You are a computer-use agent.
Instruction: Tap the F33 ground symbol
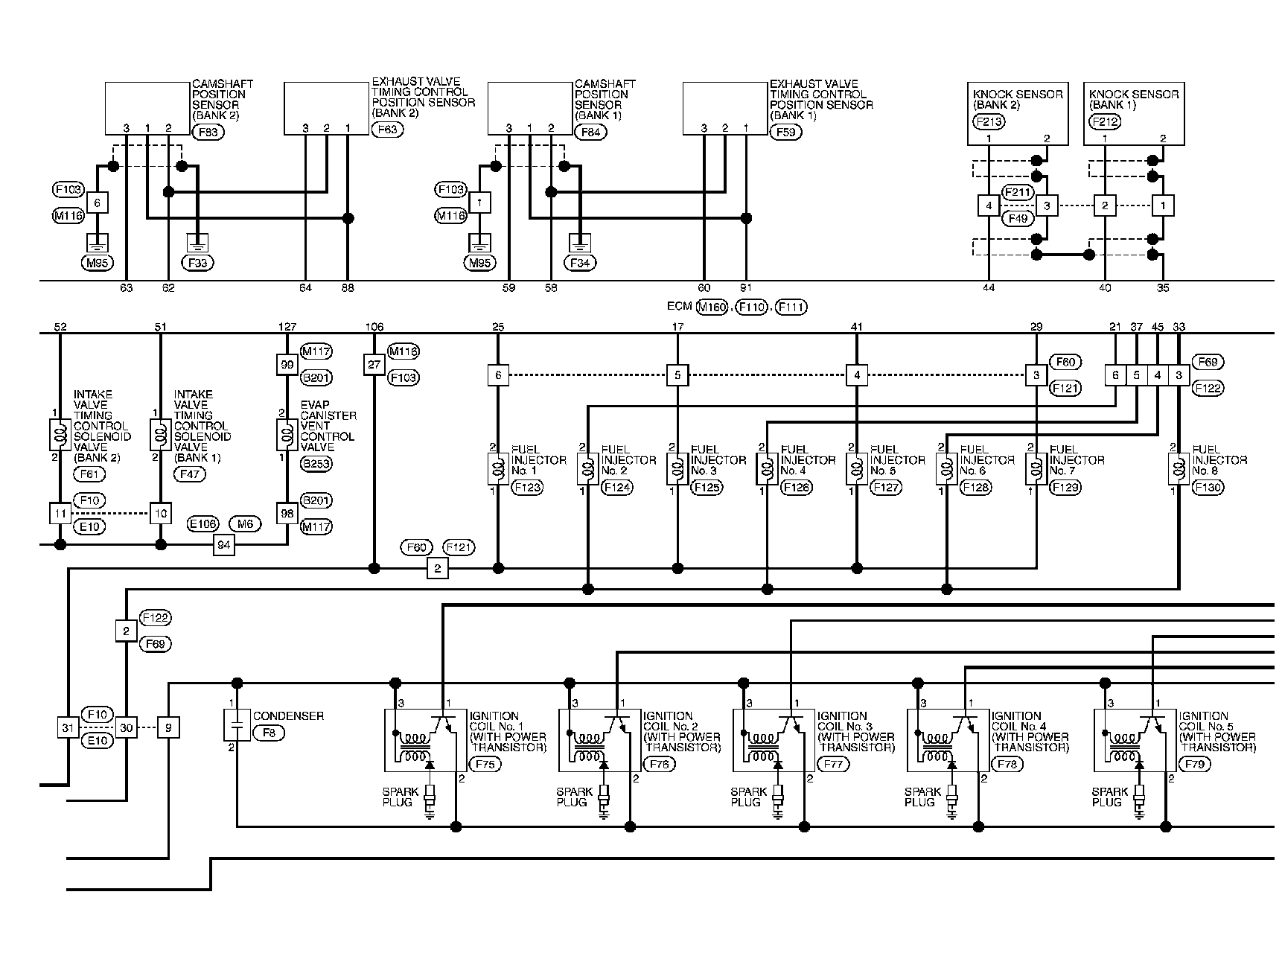197,243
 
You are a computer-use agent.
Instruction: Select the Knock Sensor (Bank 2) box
1018,113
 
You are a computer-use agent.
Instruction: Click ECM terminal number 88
348,287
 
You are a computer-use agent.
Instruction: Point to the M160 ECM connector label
712,307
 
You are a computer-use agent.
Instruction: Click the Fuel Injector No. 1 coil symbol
498,470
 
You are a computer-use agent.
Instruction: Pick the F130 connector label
1207,488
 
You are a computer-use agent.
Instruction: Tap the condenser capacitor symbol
237,724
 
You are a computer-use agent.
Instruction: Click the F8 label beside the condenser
268,733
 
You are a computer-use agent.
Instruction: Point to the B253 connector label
316,464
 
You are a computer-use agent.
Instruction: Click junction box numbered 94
223,545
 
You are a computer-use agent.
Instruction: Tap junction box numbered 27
374,365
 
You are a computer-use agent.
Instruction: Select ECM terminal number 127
287,326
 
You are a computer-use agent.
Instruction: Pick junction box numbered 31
68,727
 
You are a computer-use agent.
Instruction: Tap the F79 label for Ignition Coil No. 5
1195,764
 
